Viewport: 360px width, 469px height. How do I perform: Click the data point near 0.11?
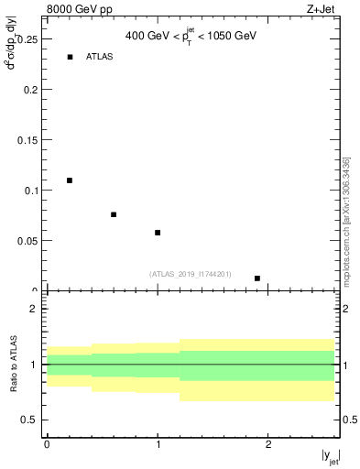coord(70,180)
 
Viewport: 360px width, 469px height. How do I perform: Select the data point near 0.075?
coord(114,214)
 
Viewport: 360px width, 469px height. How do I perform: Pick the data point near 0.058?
coord(158,233)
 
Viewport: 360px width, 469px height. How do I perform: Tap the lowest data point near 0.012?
coord(257,278)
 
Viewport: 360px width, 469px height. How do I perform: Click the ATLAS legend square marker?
coord(70,58)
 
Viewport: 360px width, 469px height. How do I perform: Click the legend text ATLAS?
coord(100,58)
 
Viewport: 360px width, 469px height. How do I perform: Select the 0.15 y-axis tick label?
coord(28,140)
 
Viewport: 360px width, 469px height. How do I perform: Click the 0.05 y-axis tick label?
coord(28,240)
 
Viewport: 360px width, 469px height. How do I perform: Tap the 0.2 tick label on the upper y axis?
coord(31,91)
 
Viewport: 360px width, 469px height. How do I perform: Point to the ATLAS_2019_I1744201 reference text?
coord(191,274)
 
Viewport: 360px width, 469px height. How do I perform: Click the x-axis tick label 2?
coord(268,444)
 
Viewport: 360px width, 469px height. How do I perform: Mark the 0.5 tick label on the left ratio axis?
coord(28,420)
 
